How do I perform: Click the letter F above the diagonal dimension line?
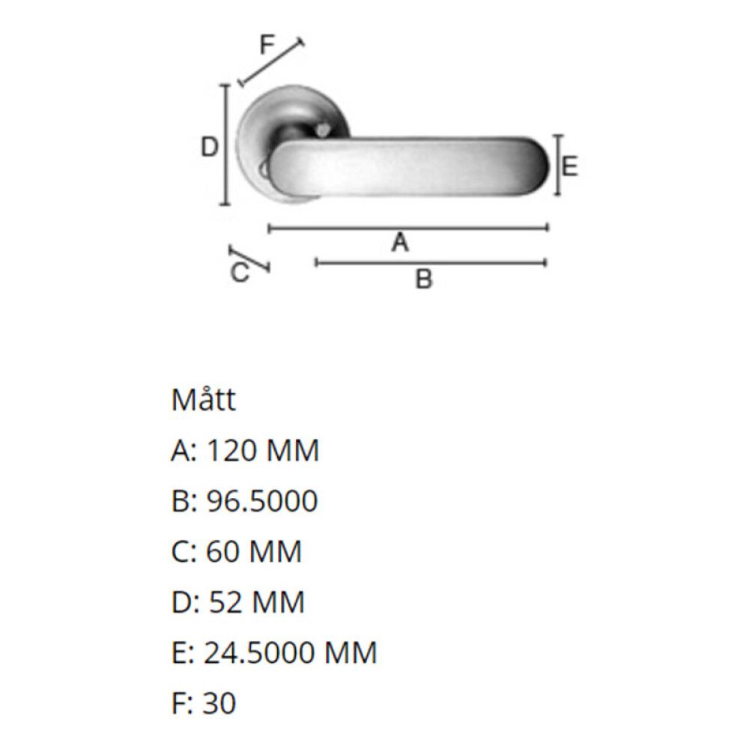(x=267, y=45)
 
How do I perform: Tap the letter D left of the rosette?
(x=209, y=147)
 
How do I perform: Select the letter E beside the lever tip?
(x=569, y=167)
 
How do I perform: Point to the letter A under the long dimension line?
(x=400, y=242)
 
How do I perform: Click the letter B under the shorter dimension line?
(x=423, y=279)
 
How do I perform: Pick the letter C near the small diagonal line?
(x=240, y=273)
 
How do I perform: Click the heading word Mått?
(x=204, y=399)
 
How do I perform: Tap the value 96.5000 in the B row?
(x=261, y=501)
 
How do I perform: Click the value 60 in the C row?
(x=222, y=552)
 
